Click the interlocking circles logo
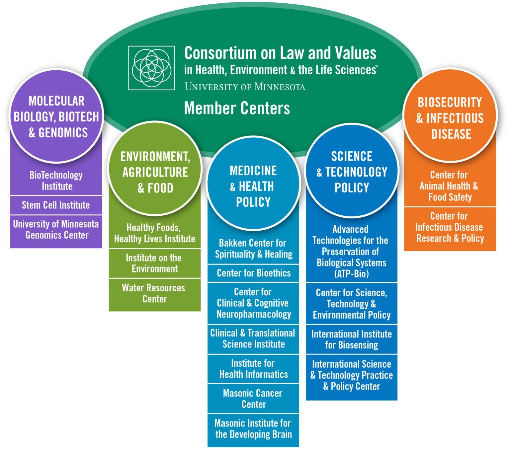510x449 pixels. [152, 68]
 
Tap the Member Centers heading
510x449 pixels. [237, 108]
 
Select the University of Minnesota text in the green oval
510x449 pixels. [245, 87]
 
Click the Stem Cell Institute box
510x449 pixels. [56, 205]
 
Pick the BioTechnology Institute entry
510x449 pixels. [56, 181]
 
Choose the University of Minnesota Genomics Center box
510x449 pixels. [56, 230]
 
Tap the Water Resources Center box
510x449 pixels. [154, 293]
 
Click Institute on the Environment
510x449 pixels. [154, 263]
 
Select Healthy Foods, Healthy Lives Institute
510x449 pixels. [154, 233]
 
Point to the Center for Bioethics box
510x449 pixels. [253, 273]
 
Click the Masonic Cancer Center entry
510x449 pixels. [253, 399]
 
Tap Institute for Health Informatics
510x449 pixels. [253, 369]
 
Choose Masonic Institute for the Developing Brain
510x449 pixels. [253, 429]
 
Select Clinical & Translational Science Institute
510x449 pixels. [253, 338]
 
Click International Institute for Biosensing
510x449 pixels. [351, 339]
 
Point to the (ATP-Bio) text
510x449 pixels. [351, 274]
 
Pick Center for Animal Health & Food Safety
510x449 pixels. [449, 186]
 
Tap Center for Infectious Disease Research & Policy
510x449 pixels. [450, 227]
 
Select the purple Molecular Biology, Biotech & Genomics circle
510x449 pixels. [56, 116]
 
